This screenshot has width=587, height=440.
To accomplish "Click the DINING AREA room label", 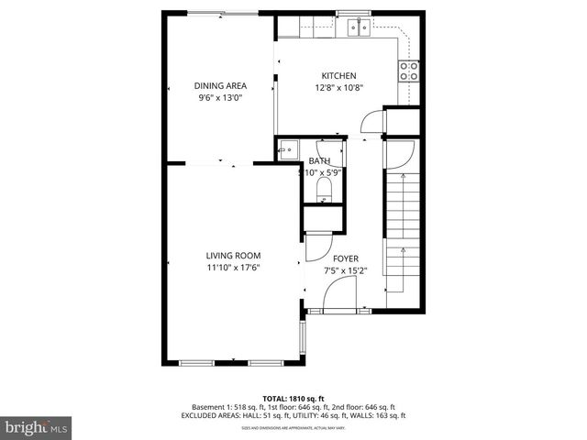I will click(220, 86).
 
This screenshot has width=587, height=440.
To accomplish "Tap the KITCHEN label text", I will click(338, 76).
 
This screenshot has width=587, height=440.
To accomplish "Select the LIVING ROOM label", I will click(233, 256).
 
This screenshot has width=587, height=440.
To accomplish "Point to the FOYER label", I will click(345, 258).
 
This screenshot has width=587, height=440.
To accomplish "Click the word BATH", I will click(319, 160).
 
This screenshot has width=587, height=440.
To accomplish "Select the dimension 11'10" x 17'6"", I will click(233, 269).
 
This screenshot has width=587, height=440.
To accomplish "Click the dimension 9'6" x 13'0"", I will click(220, 99).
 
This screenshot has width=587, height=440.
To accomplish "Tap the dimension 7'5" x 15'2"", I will click(345, 271).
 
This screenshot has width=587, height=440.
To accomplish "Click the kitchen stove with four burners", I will click(409, 71).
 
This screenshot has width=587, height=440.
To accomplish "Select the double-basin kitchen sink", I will click(359, 27).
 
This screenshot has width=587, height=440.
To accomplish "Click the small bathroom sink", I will click(288, 148).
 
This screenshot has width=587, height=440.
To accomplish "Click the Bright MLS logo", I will click(37, 427).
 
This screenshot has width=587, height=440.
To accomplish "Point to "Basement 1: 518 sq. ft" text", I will click(228, 406).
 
